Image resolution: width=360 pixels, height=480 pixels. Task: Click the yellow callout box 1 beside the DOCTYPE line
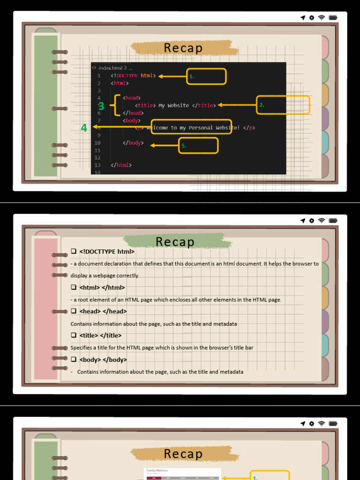(x=206, y=76)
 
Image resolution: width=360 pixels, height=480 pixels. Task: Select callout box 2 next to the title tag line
(x=283, y=105)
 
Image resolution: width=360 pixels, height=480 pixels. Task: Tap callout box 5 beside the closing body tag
(x=198, y=145)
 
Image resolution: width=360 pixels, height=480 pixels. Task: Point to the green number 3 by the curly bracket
(x=101, y=106)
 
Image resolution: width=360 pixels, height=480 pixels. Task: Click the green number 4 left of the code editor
(x=84, y=127)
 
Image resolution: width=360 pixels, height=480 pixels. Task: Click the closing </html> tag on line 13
(x=121, y=165)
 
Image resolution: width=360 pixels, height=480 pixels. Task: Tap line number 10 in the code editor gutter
(x=97, y=142)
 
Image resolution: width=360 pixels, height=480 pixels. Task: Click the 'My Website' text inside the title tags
(x=173, y=105)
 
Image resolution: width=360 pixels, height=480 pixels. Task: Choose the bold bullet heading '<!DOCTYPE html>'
(x=107, y=252)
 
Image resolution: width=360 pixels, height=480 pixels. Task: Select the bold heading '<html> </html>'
(x=102, y=287)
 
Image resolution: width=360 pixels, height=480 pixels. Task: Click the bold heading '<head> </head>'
(x=103, y=311)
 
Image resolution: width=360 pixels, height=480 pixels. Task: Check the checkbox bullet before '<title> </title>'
(x=74, y=335)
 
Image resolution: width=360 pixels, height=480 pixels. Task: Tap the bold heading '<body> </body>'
(x=103, y=360)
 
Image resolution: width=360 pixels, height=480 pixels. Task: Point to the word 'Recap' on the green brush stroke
(x=175, y=242)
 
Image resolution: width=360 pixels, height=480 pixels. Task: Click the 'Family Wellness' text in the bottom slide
(x=157, y=470)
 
